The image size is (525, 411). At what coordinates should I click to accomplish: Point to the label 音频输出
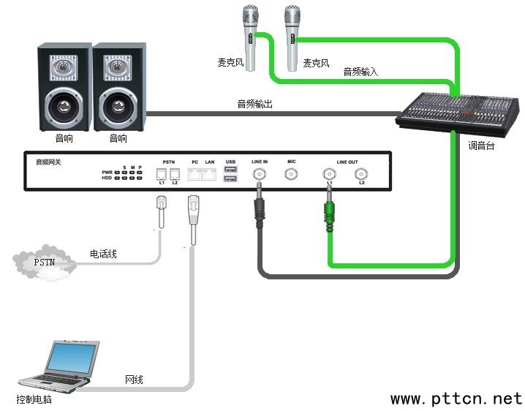[254, 105]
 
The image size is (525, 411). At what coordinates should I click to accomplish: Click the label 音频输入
[360, 72]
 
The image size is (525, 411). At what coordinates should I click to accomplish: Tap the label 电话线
[103, 254]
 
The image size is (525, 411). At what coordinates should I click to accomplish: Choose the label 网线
[134, 380]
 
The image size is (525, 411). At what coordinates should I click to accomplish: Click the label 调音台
[482, 146]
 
